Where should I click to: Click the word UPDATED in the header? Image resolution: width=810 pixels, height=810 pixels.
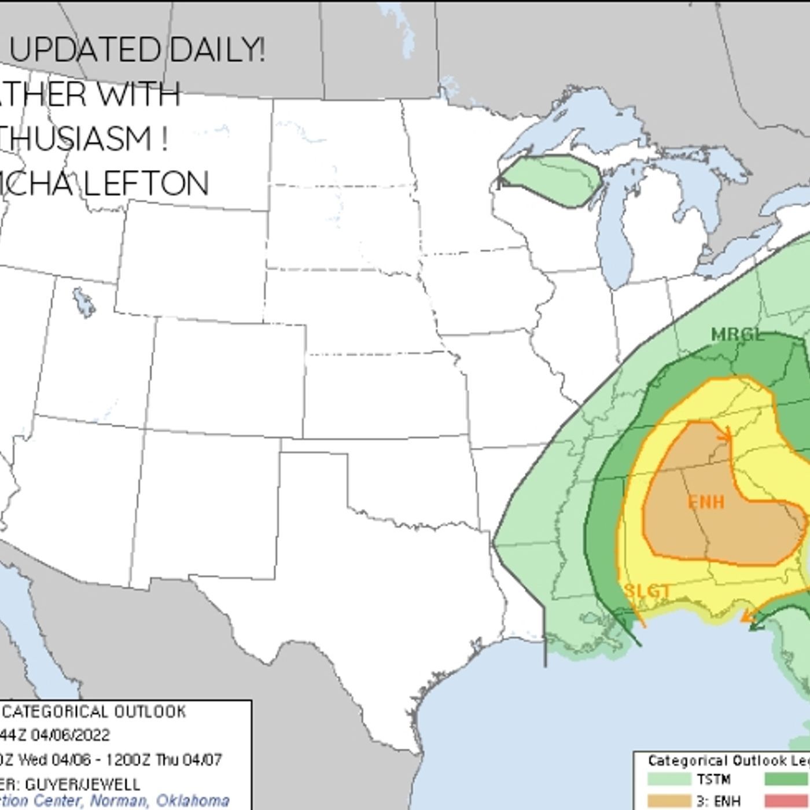[84, 50]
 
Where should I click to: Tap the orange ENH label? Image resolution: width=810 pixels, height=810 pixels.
[706, 502]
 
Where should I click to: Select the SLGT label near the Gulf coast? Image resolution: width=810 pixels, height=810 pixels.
[647, 591]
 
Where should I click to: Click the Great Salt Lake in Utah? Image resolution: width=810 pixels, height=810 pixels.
[83, 302]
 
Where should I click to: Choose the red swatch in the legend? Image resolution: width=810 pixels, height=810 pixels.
[787, 801]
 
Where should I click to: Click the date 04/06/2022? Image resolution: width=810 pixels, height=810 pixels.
[70, 735]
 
